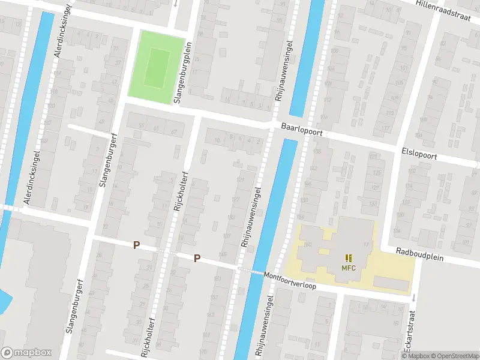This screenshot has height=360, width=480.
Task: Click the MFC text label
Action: [x=349, y=268]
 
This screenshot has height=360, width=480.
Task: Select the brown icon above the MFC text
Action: [x=349, y=258]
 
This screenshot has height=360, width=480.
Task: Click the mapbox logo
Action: [x=26, y=352]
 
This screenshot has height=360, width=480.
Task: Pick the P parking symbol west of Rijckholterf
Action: [x=137, y=245]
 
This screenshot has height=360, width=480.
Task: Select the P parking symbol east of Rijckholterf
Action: [x=196, y=259]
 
